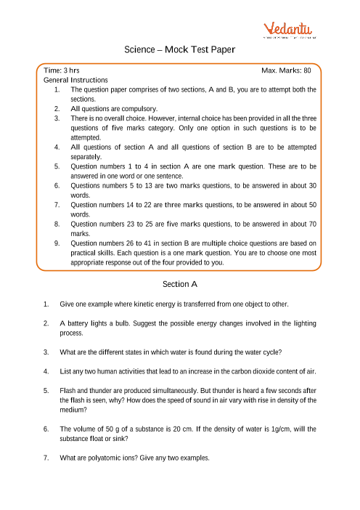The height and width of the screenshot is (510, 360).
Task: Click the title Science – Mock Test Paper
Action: tap(180, 50)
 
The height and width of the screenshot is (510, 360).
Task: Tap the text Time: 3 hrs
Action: tap(62, 70)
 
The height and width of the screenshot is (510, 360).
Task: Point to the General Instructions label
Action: tap(75, 80)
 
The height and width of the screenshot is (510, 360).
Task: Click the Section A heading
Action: tap(180, 283)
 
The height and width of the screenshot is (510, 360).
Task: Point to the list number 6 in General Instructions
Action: tap(57, 185)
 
